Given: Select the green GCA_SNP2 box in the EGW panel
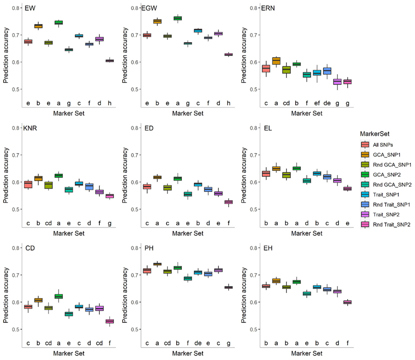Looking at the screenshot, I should [178, 18].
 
